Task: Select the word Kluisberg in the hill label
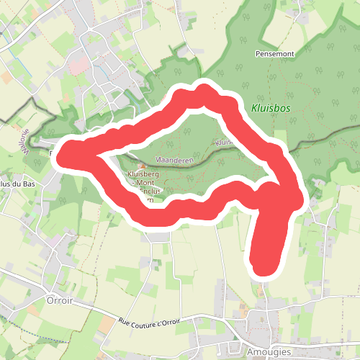[x=143, y=174]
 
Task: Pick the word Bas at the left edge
[x=27, y=184]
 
